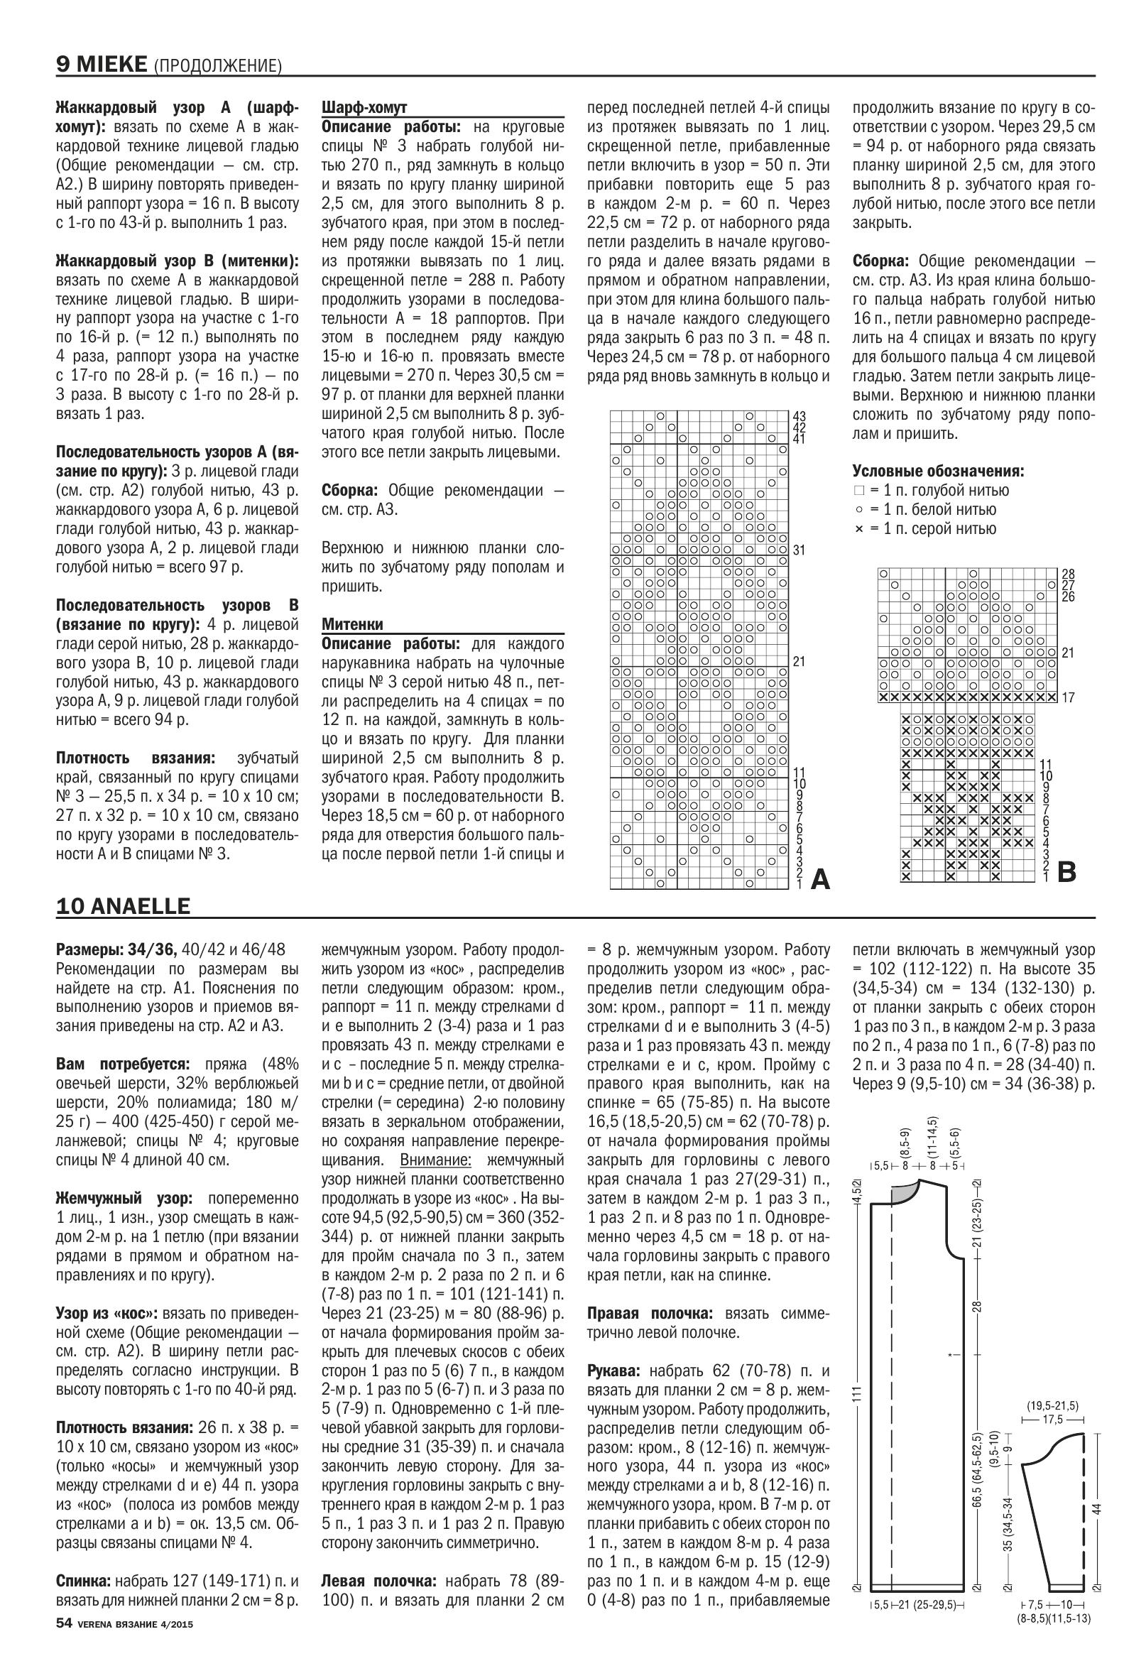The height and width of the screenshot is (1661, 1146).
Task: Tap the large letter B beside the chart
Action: pos(1067,872)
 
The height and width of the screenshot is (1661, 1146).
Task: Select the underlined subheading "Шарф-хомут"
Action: pos(364,109)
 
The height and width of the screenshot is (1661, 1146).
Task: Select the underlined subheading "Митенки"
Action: pos(353,624)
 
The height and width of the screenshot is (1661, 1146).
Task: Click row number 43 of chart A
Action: pos(799,417)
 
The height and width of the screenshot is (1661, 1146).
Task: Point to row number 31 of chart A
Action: pos(799,551)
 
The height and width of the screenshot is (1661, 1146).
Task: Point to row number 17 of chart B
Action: pos(1068,697)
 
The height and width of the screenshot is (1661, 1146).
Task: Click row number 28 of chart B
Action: pos(1068,574)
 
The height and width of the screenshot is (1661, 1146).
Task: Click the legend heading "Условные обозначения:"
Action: pos(938,471)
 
